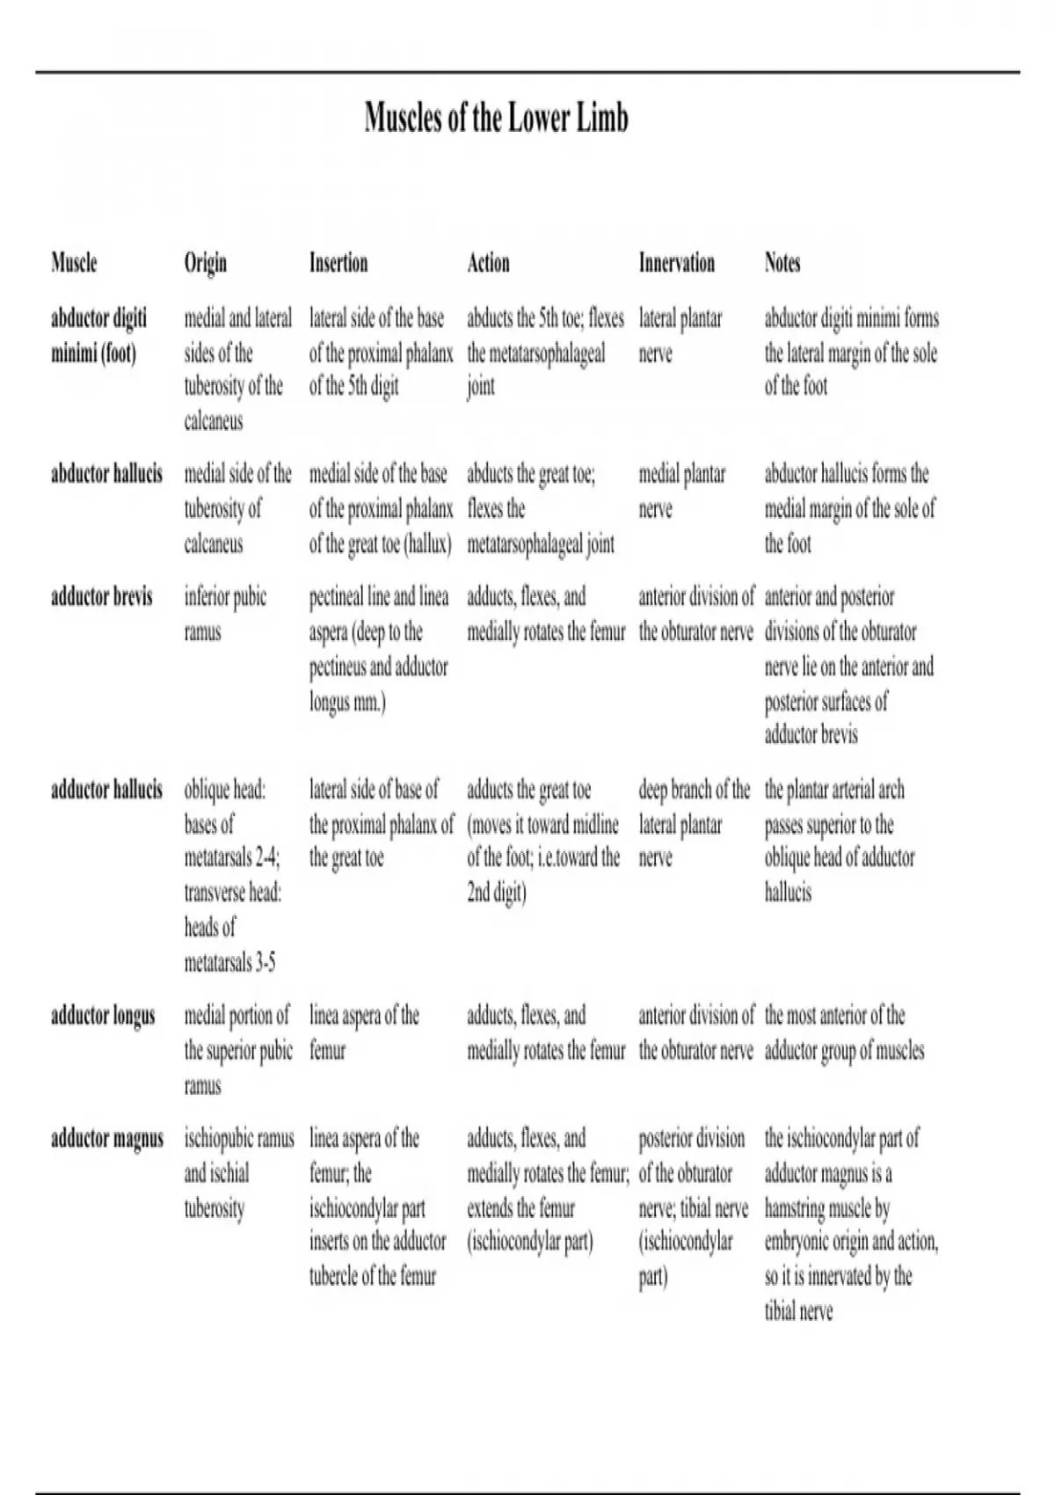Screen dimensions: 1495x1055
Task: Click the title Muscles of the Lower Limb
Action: click(x=497, y=118)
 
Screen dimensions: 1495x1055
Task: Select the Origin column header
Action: click(x=205, y=263)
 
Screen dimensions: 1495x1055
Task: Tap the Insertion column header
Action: click(x=338, y=263)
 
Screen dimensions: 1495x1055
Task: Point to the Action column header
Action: click(x=488, y=263)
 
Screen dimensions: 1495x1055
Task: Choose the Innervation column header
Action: click(x=676, y=263)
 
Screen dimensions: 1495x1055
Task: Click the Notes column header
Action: click(x=782, y=263)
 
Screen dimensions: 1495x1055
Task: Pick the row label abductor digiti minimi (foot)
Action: click(x=98, y=335)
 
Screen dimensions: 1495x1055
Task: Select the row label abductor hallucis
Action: click(x=106, y=474)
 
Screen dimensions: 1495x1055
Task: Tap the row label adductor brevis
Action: click(x=101, y=597)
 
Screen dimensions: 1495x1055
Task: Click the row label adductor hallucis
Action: click(x=106, y=790)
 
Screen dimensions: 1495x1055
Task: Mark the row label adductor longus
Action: click(x=103, y=1016)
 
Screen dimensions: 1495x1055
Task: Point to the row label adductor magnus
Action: click(x=106, y=1139)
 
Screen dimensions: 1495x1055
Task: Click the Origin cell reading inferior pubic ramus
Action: click(x=225, y=614)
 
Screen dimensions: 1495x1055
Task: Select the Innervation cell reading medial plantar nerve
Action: click(x=682, y=492)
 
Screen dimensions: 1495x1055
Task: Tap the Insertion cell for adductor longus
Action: click(x=364, y=1032)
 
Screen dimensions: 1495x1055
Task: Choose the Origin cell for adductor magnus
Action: click(x=238, y=1173)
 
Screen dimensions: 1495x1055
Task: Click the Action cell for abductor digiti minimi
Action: click(x=545, y=352)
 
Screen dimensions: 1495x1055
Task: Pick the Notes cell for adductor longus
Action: click(x=844, y=1032)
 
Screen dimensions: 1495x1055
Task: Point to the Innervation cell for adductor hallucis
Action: click(x=694, y=824)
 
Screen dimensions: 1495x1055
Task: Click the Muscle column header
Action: click(x=74, y=263)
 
